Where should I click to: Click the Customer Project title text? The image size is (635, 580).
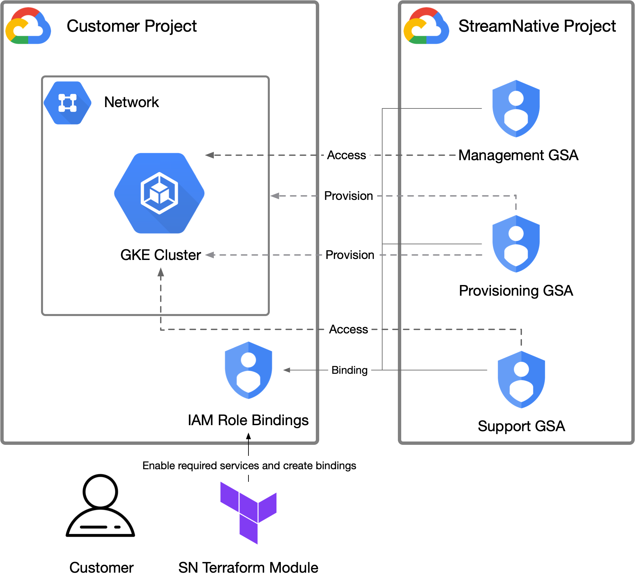131,26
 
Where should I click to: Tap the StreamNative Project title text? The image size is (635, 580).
537,26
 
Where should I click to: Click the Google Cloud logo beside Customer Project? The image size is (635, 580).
28,26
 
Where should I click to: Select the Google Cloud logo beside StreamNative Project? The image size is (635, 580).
426,26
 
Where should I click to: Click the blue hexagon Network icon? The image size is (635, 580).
68,103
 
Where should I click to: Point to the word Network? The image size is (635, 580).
131,102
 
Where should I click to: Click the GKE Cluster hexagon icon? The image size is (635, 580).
159,193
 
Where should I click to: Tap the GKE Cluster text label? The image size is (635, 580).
160,255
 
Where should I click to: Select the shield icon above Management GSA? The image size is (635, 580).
516,109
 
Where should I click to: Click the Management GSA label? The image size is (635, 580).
518,155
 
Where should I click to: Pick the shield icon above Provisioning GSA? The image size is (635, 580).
516,244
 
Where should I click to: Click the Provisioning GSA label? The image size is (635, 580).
516,291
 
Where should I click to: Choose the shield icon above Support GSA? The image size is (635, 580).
521,379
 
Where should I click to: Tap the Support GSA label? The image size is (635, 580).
521,426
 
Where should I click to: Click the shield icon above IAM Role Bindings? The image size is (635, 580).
248,370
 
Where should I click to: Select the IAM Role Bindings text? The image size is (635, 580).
248,420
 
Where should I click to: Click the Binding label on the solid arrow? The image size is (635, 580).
349,370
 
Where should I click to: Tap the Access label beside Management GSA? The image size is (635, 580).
347,155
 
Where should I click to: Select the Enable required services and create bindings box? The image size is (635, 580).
249,466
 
